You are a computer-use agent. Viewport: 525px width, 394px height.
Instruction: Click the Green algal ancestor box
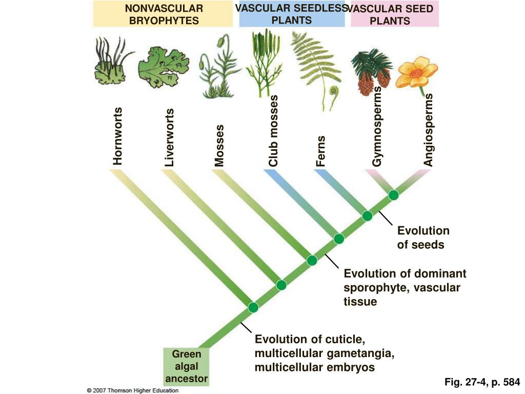tap(186, 366)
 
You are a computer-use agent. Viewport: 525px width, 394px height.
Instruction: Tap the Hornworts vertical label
tap(118, 136)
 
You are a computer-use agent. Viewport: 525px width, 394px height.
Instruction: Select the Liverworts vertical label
tap(170, 137)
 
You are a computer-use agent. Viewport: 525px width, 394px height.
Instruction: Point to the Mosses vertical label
tap(220, 145)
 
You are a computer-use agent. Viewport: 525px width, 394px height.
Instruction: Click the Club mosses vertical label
tap(273, 131)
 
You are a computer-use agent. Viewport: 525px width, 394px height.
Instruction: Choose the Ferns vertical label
tap(321, 151)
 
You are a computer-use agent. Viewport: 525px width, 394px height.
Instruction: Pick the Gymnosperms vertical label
tap(378, 126)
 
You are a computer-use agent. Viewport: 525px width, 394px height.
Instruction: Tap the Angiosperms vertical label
tap(429, 130)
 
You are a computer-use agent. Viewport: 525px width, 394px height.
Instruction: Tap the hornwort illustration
tap(112, 64)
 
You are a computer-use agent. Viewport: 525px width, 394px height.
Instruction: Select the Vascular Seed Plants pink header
tap(394, 14)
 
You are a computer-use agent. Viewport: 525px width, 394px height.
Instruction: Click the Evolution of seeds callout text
tap(423, 238)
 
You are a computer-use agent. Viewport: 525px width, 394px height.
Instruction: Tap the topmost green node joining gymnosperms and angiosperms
tap(393, 195)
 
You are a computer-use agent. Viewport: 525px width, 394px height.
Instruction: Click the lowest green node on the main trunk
tap(253, 307)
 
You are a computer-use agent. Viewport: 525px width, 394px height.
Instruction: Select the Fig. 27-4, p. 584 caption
tap(482, 382)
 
